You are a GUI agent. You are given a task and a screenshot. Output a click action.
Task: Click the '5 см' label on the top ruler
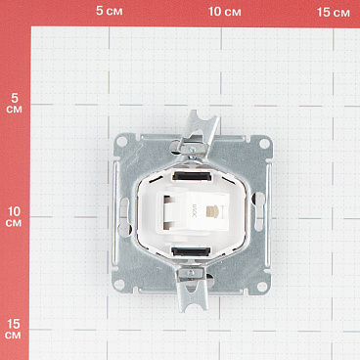point(109,12)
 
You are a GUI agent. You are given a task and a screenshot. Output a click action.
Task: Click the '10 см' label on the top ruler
point(225,12)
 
